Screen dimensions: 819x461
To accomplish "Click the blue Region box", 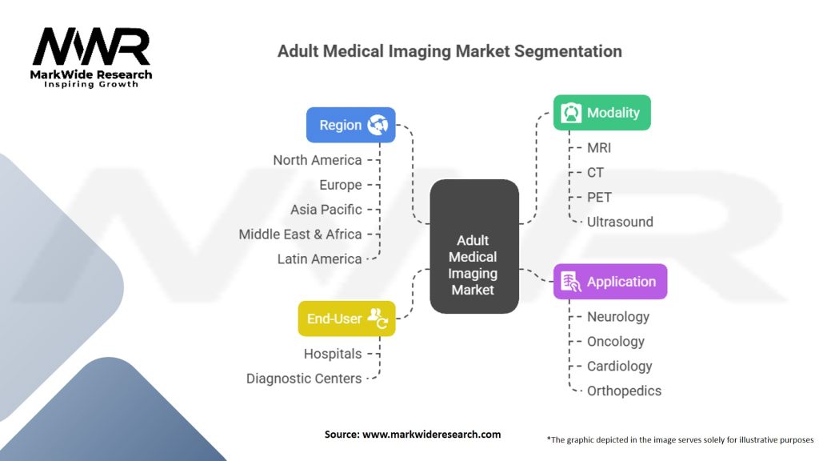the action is pyautogui.click(x=350, y=125).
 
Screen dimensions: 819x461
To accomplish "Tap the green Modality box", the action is pyautogui.click(x=601, y=112).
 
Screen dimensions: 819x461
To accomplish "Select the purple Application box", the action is pyautogui.click(x=610, y=281).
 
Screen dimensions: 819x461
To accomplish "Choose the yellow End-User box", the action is pyautogui.click(x=347, y=319).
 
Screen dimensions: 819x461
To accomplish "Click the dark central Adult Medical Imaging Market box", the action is pyautogui.click(x=474, y=247).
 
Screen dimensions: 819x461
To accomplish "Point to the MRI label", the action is pyautogui.click(x=598, y=148).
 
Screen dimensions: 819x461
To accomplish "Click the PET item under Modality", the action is pyautogui.click(x=599, y=198).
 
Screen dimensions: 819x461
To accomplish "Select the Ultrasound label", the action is pyautogui.click(x=620, y=222).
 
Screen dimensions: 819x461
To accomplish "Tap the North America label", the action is pyautogui.click(x=318, y=160).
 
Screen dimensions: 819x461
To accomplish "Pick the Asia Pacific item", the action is pyautogui.click(x=326, y=210).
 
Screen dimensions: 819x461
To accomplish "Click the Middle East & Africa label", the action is pyautogui.click(x=301, y=235).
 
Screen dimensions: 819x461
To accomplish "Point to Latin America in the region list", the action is pyautogui.click(x=320, y=259).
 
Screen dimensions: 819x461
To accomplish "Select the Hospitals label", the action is pyautogui.click(x=333, y=354).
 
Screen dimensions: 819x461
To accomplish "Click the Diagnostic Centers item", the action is pyautogui.click(x=304, y=379).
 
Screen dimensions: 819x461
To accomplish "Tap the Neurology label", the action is pyautogui.click(x=618, y=317).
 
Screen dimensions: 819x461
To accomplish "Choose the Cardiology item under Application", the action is pyautogui.click(x=620, y=367).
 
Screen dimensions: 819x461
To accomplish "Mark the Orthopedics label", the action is pyautogui.click(x=624, y=391).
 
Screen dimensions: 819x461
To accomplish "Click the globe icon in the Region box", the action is pyautogui.click(x=378, y=125).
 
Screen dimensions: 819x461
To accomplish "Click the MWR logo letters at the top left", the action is pyautogui.click(x=91, y=46).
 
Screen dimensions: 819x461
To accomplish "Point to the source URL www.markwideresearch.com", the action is pyautogui.click(x=431, y=435).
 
